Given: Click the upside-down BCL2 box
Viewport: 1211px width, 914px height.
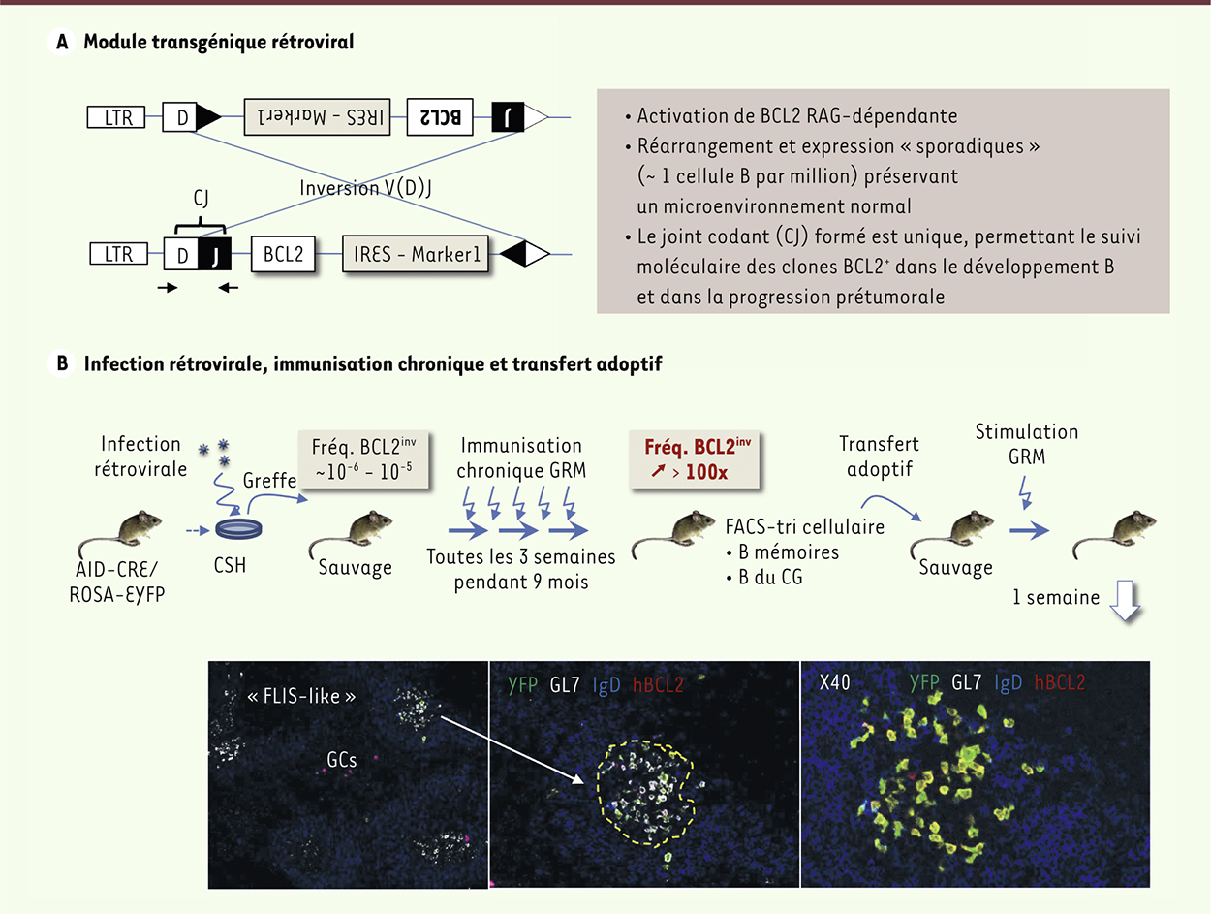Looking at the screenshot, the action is pyautogui.click(x=440, y=117).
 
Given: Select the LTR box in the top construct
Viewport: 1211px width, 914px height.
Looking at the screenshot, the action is pyautogui.click(x=116, y=117).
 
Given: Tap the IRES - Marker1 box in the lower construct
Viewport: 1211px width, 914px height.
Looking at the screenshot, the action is pyautogui.click(x=416, y=254).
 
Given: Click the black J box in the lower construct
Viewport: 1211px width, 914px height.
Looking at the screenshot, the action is pyautogui.click(x=215, y=254).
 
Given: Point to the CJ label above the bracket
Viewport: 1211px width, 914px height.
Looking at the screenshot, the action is pyautogui.click(x=201, y=198).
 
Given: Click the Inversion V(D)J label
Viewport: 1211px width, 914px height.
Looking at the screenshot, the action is pyautogui.click(x=365, y=188).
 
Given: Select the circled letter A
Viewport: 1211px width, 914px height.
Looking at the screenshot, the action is pyautogui.click(x=62, y=42).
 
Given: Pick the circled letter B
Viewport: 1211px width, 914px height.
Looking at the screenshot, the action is pyautogui.click(x=62, y=363).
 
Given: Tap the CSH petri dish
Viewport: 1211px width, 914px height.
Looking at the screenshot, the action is pyautogui.click(x=238, y=528).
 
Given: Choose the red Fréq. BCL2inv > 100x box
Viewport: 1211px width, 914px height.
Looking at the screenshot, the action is pyautogui.click(x=695, y=459).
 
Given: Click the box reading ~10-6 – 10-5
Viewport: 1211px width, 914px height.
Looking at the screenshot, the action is pyautogui.click(x=363, y=459).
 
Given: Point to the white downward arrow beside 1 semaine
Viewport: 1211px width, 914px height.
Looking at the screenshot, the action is pyautogui.click(x=1125, y=601).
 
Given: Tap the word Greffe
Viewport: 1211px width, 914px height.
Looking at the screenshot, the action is pyautogui.click(x=269, y=481).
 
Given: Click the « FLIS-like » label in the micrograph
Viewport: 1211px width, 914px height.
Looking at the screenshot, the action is pyautogui.click(x=301, y=696).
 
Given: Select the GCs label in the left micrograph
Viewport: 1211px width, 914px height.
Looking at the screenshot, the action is pyautogui.click(x=342, y=760).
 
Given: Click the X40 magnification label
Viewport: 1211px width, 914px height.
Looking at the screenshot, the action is pyautogui.click(x=834, y=682).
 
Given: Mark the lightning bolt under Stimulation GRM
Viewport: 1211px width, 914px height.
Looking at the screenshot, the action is pyautogui.click(x=1025, y=492).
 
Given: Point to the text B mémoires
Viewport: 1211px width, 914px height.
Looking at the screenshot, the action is pyautogui.click(x=789, y=552).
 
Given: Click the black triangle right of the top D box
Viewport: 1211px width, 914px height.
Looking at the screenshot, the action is pyautogui.click(x=208, y=116).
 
